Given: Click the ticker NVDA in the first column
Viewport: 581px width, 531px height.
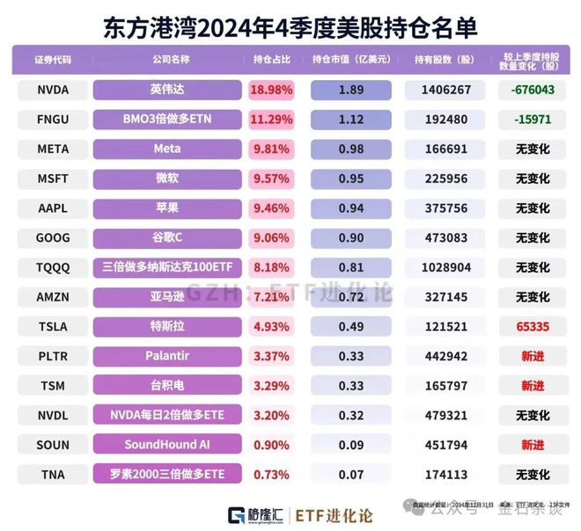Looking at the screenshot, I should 53,90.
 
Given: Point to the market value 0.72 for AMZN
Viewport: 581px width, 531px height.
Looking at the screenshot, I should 352,297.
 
